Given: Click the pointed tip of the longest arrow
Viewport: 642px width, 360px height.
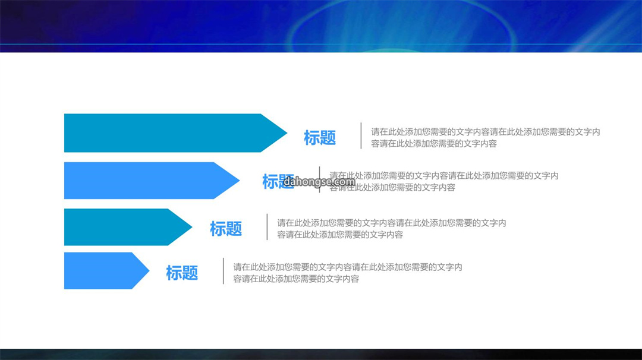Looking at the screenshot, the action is click(287, 133).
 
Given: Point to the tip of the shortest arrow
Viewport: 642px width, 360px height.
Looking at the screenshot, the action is click(149, 271).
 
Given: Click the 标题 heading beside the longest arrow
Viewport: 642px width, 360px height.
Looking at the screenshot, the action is click(320, 138).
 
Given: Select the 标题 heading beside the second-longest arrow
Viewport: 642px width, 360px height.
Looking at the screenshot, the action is click(278, 182).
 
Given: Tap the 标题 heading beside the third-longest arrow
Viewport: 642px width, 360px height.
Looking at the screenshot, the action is click(226, 229).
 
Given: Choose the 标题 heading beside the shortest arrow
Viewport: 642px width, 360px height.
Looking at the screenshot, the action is click(182, 273).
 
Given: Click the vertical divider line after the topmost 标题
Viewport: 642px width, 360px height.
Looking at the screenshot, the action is click(361, 136).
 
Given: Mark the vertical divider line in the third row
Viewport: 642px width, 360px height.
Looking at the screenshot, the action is click(267, 227).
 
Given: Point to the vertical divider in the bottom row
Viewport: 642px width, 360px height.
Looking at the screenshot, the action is click(224, 271).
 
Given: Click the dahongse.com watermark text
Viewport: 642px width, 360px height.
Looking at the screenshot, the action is click(319, 182).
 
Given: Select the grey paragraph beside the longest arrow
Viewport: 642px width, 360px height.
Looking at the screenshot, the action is click(486, 137).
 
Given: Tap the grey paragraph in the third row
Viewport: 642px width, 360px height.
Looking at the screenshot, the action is click(392, 229).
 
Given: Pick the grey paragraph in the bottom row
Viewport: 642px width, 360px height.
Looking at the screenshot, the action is click(348, 273).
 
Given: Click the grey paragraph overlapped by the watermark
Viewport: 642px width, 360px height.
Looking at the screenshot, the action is click(444, 181).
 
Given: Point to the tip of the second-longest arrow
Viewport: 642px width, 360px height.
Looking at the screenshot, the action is click(240, 181).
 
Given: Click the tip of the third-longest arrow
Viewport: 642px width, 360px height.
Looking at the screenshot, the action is click(192, 227).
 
